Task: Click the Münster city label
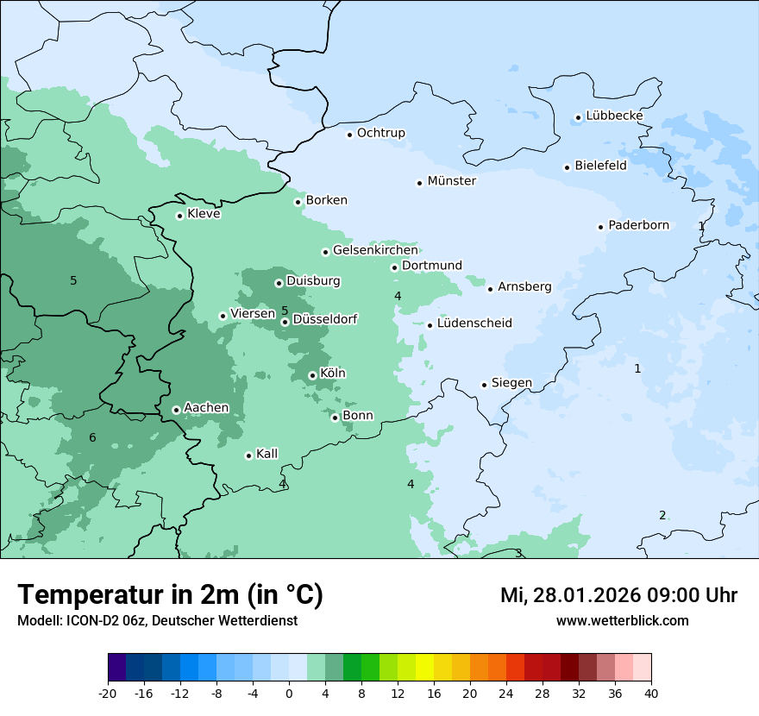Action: pyautogui.click(x=451, y=181)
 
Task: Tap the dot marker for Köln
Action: pyautogui.click(x=312, y=375)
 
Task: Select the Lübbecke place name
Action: pyautogui.click(x=614, y=116)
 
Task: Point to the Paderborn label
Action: pyautogui.click(x=638, y=225)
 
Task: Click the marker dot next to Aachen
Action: pyautogui.click(x=176, y=410)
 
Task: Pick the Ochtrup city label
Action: pyautogui.click(x=380, y=133)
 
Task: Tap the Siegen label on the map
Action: pyautogui.click(x=511, y=383)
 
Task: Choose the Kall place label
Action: pyautogui.click(x=267, y=454)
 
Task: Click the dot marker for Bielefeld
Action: pyautogui.click(x=568, y=167)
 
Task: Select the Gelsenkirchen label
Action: pyautogui.click(x=375, y=250)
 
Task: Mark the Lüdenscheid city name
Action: pyautogui.click(x=474, y=323)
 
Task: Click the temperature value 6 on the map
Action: pyautogui.click(x=92, y=438)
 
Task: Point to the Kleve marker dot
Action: pyautogui.click(x=179, y=216)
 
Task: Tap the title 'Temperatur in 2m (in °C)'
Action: pyautogui.click(x=170, y=594)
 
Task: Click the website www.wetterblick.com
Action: pyautogui.click(x=622, y=620)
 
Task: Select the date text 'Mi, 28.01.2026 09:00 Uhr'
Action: pyautogui.click(x=618, y=595)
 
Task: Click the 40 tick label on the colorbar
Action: pyautogui.click(x=651, y=693)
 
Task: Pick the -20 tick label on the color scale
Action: pyautogui.click(x=108, y=693)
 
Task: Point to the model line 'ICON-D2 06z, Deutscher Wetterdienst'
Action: pyautogui.click(x=157, y=620)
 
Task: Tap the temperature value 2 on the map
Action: pyautogui.click(x=662, y=516)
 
